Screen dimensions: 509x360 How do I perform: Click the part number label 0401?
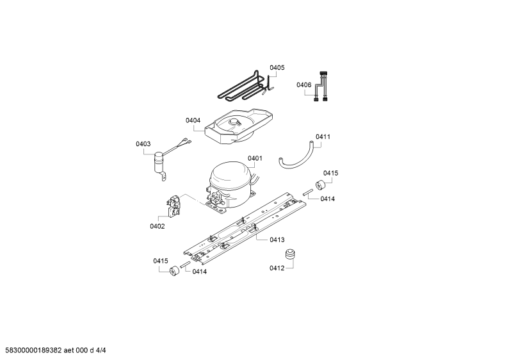coord(255,158)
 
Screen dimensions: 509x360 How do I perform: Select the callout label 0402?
coord(157,226)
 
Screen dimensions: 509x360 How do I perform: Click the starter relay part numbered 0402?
coord(173,206)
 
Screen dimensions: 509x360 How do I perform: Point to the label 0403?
coord(143,144)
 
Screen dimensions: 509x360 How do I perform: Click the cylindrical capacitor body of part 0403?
coord(159,161)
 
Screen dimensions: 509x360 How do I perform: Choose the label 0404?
coord(193,120)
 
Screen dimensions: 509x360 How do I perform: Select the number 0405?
coord(277,68)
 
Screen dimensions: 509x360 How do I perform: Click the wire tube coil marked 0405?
coord(246,86)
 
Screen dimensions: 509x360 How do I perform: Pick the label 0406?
coord(304,85)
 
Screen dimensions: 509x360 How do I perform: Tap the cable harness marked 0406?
coord(321,86)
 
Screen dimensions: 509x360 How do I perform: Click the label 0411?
coord(323,137)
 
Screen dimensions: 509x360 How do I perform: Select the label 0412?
coord(277,268)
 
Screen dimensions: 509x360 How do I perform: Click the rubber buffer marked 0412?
coord(289,254)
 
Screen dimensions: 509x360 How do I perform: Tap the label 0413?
coord(277,240)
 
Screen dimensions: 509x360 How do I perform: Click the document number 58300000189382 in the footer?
coord(33,350)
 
